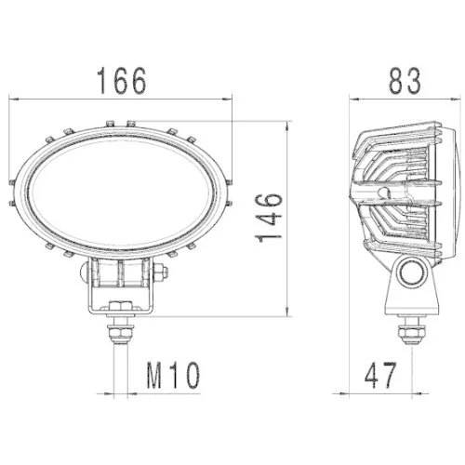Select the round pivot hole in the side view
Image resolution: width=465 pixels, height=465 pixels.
tap(410, 272)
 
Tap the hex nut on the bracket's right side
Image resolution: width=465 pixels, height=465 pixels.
tap(163, 272)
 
